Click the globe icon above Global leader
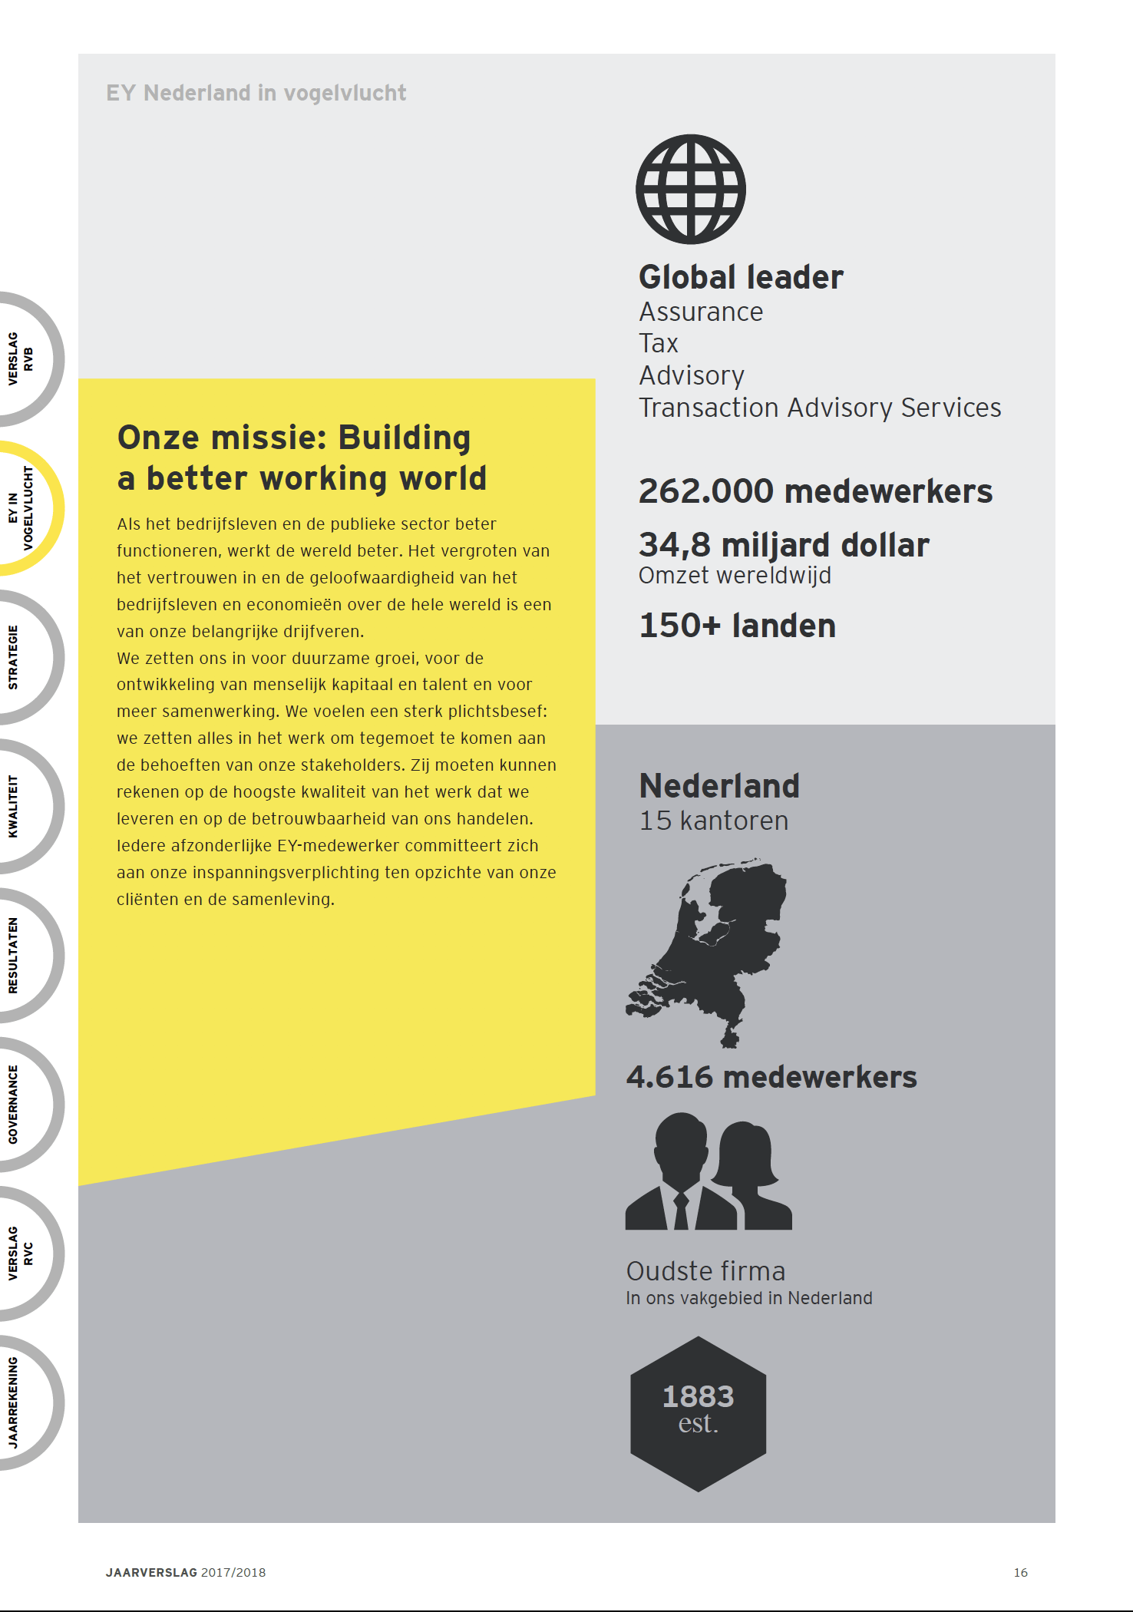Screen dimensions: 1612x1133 click(691, 190)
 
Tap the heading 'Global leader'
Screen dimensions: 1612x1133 click(741, 277)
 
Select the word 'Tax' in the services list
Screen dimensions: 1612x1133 click(659, 343)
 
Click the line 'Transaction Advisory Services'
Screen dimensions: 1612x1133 click(820, 408)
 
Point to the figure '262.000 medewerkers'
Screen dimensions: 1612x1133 click(815, 491)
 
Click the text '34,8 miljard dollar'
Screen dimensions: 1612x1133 click(784, 545)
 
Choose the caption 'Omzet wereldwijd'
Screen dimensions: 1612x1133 click(735, 576)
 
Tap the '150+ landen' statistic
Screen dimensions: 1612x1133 click(737, 626)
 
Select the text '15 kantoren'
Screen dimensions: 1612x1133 click(714, 821)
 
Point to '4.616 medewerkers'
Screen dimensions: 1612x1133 click(771, 1077)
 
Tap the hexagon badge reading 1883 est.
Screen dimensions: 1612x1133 click(698, 1413)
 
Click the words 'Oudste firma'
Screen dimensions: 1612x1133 click(705, 1271)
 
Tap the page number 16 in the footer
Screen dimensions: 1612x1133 click(1020, 1572)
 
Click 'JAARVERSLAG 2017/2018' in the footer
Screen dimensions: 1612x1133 click(186, 1572)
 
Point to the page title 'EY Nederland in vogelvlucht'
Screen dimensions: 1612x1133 click(256, 93)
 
